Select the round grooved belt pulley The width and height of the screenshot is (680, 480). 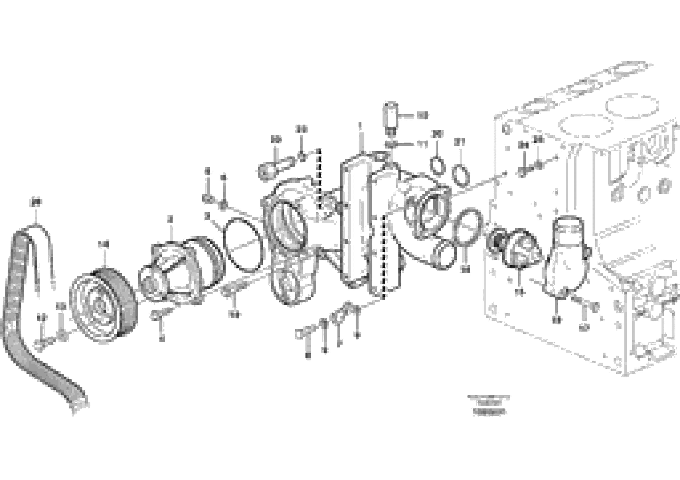[x=102, y=305]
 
